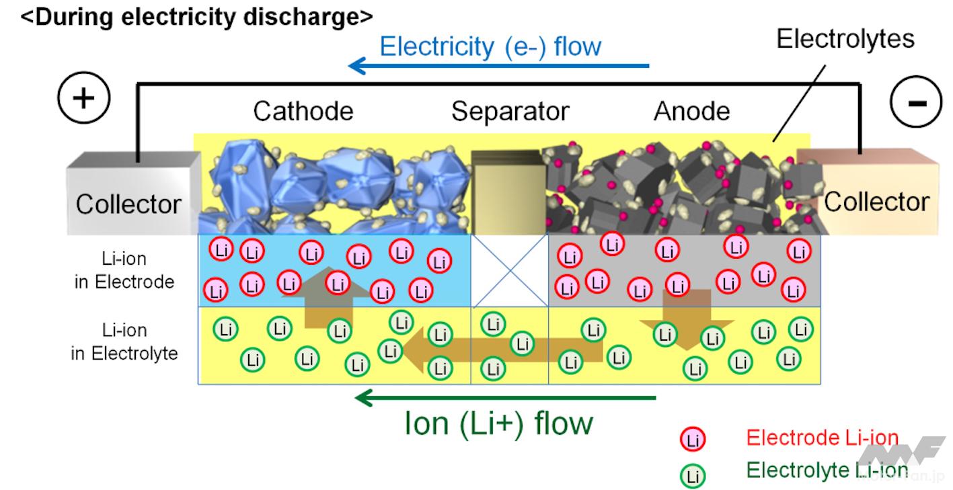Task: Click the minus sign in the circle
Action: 917,102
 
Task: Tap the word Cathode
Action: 303,111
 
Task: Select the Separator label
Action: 510,111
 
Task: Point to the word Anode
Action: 691,111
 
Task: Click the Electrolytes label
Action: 845,38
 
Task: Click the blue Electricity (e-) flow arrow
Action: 498,66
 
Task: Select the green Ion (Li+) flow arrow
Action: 504,398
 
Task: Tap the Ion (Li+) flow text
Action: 499,423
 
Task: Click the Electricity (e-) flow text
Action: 490,46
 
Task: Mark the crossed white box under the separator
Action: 509,270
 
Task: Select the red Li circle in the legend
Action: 692,440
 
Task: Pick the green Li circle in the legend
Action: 692,476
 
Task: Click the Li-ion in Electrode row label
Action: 124,270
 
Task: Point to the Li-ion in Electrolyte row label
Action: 124,341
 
